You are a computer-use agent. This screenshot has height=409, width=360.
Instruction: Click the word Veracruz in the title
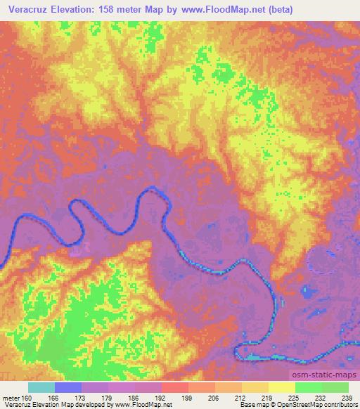[x=27, y=10]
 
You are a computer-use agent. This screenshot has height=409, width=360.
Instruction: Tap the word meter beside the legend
[x=11, y=397]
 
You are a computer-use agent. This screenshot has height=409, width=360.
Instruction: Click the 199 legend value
[x=188, y=397]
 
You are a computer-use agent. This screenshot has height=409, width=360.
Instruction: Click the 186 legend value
[x=135, y=397]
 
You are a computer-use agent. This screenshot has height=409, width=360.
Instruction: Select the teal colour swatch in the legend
[x=41, y=387]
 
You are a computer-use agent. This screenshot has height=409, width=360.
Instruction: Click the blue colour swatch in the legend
[x=68, y=387]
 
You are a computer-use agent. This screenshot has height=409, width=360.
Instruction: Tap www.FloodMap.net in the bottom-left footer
[x=141, y=405]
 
